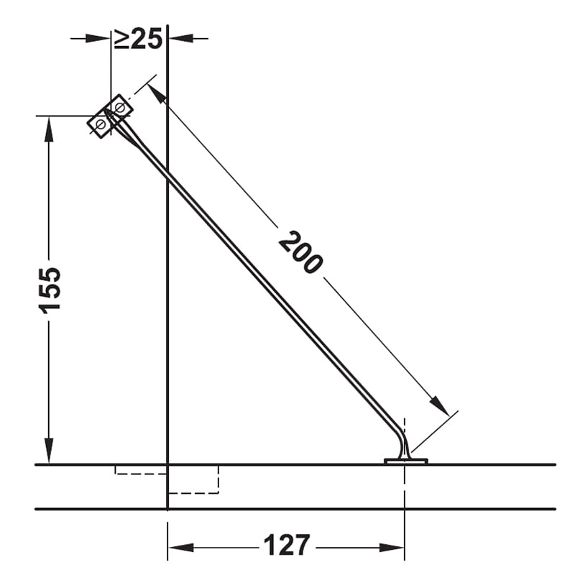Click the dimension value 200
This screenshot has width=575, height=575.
[300, 252]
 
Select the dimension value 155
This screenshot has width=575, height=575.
[50, 290]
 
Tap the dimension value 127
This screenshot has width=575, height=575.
[287, 546]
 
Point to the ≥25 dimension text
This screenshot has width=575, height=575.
[138, 40]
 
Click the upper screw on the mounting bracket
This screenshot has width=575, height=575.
[119, 107]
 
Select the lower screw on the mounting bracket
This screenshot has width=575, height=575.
[100, 124]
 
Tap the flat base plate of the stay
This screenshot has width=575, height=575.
[405, 461]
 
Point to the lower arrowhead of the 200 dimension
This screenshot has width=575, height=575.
[440, 406]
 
